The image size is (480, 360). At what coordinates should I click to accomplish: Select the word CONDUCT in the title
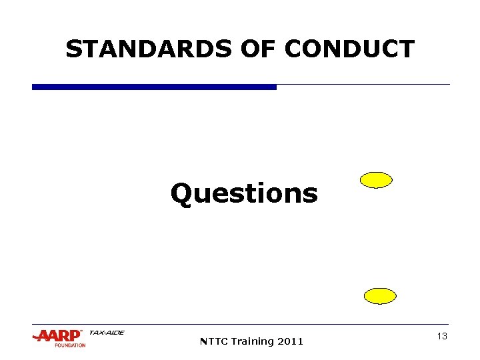pos(349,49)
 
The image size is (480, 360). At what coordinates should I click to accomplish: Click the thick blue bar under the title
pos(154,87)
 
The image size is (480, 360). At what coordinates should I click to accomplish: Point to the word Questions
pos(244,194)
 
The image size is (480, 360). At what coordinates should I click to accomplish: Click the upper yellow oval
pos(376,180)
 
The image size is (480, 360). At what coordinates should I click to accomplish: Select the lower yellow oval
pos(380,296)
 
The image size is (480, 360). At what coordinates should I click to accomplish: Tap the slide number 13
pos(441,337)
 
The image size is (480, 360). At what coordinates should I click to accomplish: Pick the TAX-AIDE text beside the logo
pos(106,333)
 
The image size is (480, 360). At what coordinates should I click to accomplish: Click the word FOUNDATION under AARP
pos(70,345)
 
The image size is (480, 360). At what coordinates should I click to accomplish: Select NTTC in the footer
pos(213,341)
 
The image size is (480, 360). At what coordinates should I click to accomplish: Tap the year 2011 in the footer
pos(290,341)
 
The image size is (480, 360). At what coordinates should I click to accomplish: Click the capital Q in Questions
pos(181,194)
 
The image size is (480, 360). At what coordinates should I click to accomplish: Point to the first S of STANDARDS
pos(73,49)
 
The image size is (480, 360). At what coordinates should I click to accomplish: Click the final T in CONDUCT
pos(407,49)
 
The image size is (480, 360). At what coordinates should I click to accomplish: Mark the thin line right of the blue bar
pos(363,85)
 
